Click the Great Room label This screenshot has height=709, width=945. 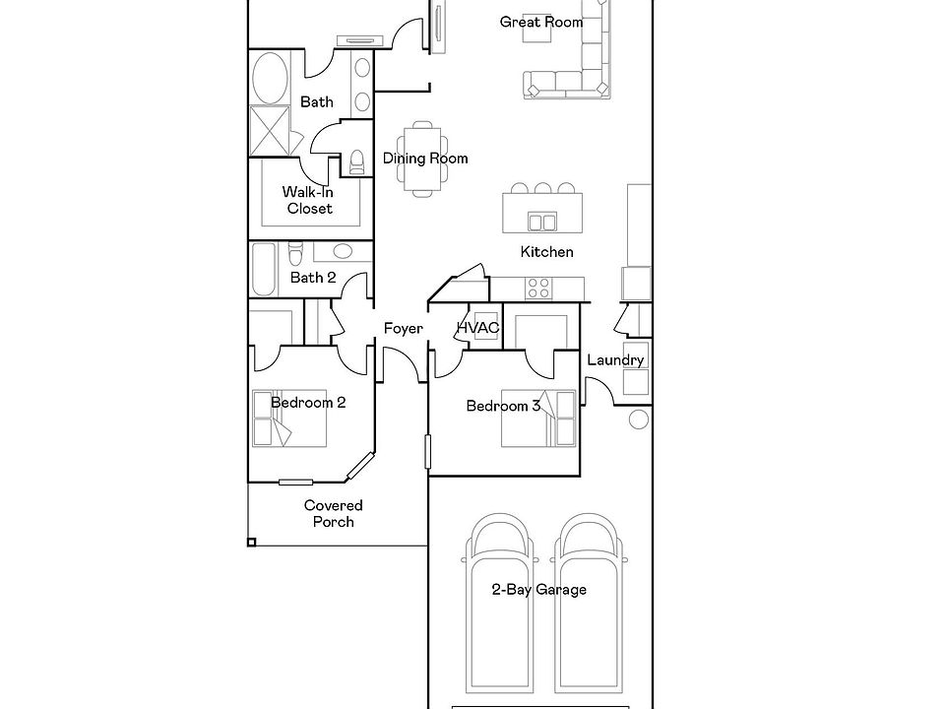click(540, 22)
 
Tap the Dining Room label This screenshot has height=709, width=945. click(425, 159)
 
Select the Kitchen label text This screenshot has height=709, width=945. click(546, 252)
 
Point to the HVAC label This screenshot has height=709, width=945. click(477, 328)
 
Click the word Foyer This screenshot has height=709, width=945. click(403, 328)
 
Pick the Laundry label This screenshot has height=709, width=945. click(615, 359)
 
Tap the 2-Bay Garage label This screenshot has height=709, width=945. click(538, 590)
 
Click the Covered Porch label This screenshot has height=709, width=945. click(333, 513)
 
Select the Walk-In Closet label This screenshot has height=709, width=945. click(309, 200)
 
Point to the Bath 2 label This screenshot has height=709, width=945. click(313, 278)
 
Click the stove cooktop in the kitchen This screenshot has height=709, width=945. click(538, 288)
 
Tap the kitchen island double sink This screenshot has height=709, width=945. click(540, 220)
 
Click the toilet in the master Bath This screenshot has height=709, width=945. click(357, 161)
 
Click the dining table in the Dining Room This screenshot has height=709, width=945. click(421, 158)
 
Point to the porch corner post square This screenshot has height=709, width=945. click(251, 542)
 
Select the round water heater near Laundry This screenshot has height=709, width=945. click(637, 420)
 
